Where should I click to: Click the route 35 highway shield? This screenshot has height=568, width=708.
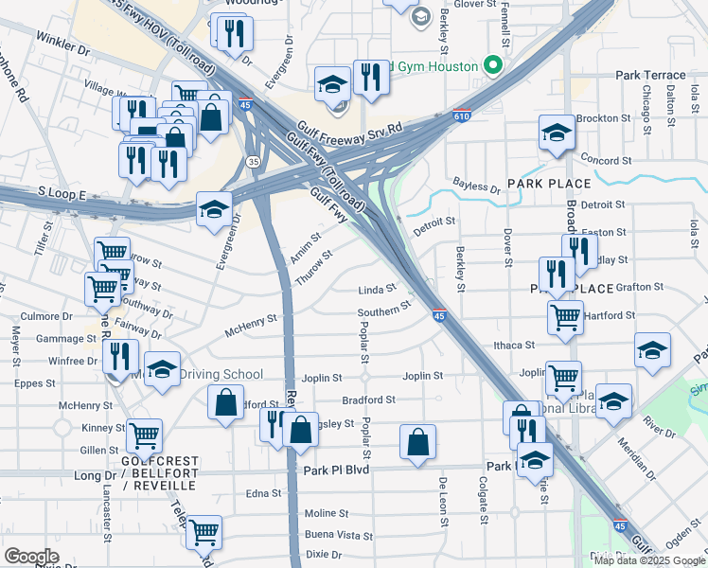(252, 162)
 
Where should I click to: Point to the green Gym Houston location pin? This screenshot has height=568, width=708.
(491, 66)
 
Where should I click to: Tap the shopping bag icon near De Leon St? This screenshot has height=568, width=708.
(417, 443)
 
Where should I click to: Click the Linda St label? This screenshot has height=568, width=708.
(376, 290)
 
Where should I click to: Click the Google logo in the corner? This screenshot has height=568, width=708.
(31, 557)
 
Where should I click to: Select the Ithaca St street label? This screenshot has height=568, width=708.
(515, 346)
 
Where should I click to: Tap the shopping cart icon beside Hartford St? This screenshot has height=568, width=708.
(565, 317)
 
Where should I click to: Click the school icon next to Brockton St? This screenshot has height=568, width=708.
(556, 133)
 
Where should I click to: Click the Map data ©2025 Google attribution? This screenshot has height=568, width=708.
(649, 560)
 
